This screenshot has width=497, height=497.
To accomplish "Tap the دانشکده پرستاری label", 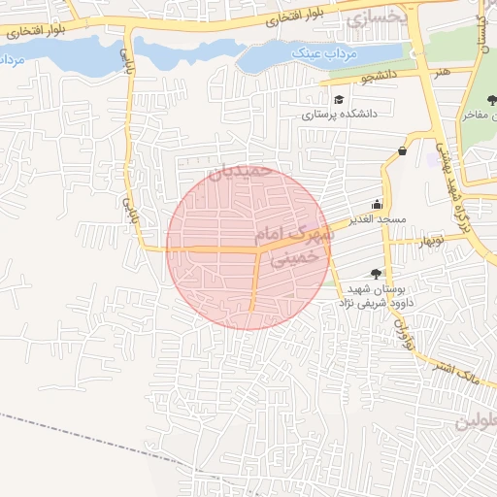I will pos(338,115).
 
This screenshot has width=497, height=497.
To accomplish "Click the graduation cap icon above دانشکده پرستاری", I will pos(338,99).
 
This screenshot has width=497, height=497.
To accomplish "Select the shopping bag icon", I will pos(403,150).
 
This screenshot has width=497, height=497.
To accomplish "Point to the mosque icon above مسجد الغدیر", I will pos(376,205).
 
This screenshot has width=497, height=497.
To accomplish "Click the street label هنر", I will pos(442,72).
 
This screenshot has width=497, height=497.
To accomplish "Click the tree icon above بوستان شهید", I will pos(376,275).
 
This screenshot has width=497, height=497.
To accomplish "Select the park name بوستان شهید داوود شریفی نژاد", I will pos(373,296).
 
